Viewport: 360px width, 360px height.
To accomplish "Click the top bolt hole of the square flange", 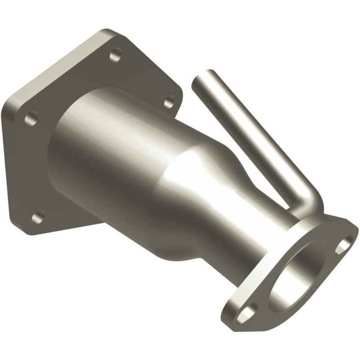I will pyautogui.click(x=116, y=56).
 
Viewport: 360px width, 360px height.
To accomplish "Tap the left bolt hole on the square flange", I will pyautogui.click(x=31, y=119).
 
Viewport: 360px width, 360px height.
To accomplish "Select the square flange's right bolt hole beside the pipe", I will pyautogui.click(x=169, y=102).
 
